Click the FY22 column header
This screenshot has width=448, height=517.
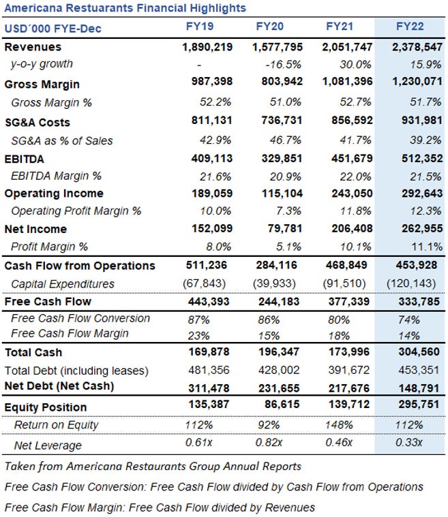410,27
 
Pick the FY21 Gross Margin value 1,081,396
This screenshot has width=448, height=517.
348,84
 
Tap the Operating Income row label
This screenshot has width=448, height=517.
54,193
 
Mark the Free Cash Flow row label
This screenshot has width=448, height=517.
48,301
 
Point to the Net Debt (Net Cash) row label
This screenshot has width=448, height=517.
59,386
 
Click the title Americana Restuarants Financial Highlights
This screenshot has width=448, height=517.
125,8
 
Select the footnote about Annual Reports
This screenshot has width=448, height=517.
153,467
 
